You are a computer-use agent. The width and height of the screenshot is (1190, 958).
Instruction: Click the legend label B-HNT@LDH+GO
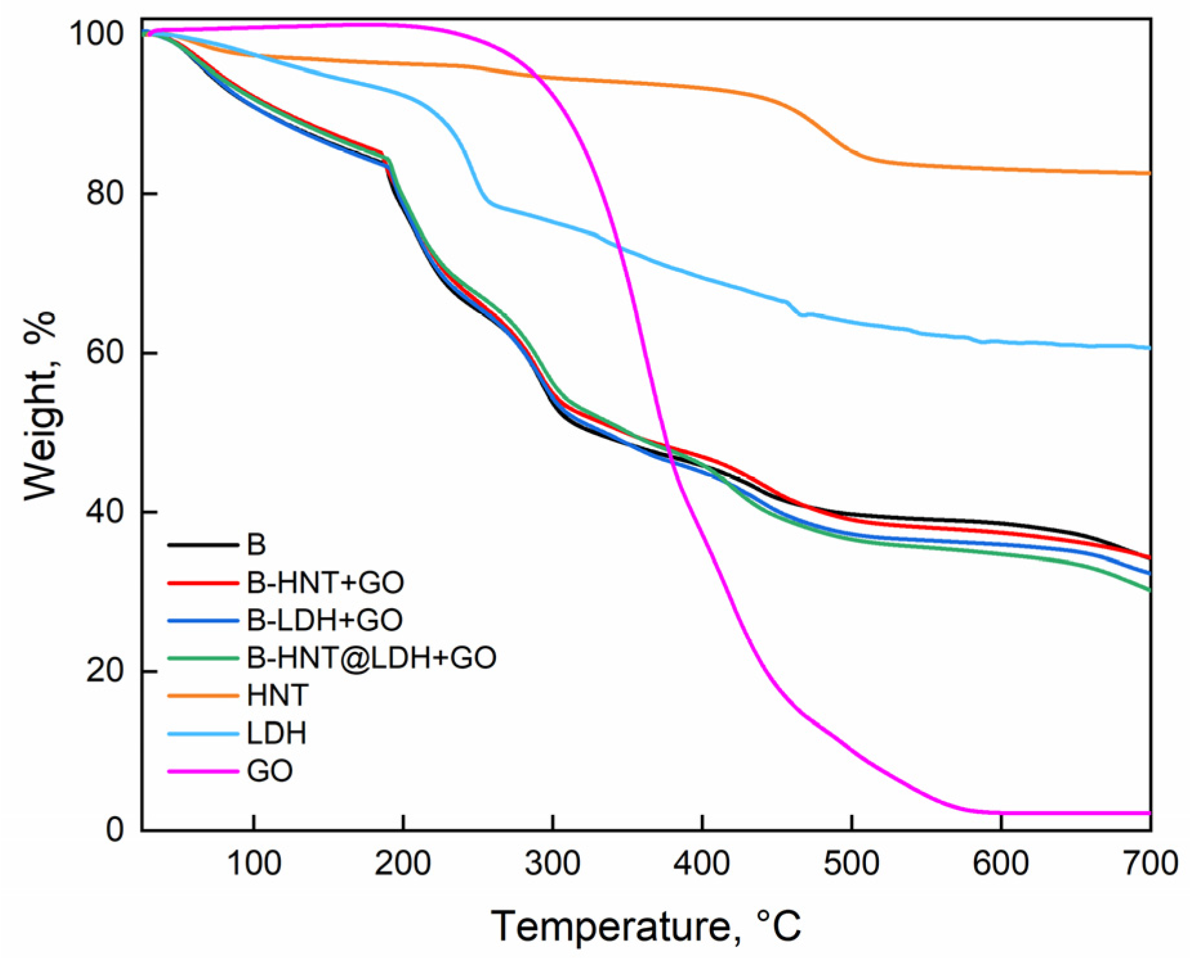click(371, 658)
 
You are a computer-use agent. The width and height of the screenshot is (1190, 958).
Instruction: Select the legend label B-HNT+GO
click(325, 583)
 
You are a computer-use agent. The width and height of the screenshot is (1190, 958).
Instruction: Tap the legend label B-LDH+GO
click(325, 620)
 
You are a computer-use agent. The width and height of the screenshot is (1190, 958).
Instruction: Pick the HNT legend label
click(278, 696)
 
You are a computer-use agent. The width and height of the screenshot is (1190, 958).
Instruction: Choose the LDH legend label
click(276, 733)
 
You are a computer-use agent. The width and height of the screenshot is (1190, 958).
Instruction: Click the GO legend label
click(270, 771)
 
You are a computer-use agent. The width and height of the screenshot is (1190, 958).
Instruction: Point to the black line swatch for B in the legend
click(203, 546)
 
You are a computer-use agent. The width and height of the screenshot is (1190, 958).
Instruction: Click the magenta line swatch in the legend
click(203, 771)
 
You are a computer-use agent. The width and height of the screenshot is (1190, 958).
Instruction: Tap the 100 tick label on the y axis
click(96, 34)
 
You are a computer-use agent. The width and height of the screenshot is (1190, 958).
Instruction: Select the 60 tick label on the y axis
click(104, 353)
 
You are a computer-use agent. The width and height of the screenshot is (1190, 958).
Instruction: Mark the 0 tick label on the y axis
click(115, 830)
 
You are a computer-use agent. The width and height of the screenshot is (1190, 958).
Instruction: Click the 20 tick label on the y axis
click(104, 671)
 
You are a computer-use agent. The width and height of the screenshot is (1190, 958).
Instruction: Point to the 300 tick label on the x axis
click(553, 863)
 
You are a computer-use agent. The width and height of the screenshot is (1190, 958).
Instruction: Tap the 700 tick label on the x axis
click(1151, 863)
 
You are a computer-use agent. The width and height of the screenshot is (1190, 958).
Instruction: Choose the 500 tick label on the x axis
click(852, 863)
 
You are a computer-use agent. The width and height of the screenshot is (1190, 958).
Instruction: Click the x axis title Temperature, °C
click(646, 926)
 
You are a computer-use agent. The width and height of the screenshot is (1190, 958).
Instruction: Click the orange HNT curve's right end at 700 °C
click(1149, 173)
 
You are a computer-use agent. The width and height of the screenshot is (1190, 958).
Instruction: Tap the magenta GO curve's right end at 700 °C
click(1149, 813)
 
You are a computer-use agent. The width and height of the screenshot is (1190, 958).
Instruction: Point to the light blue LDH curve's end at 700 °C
click(1149, 348)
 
